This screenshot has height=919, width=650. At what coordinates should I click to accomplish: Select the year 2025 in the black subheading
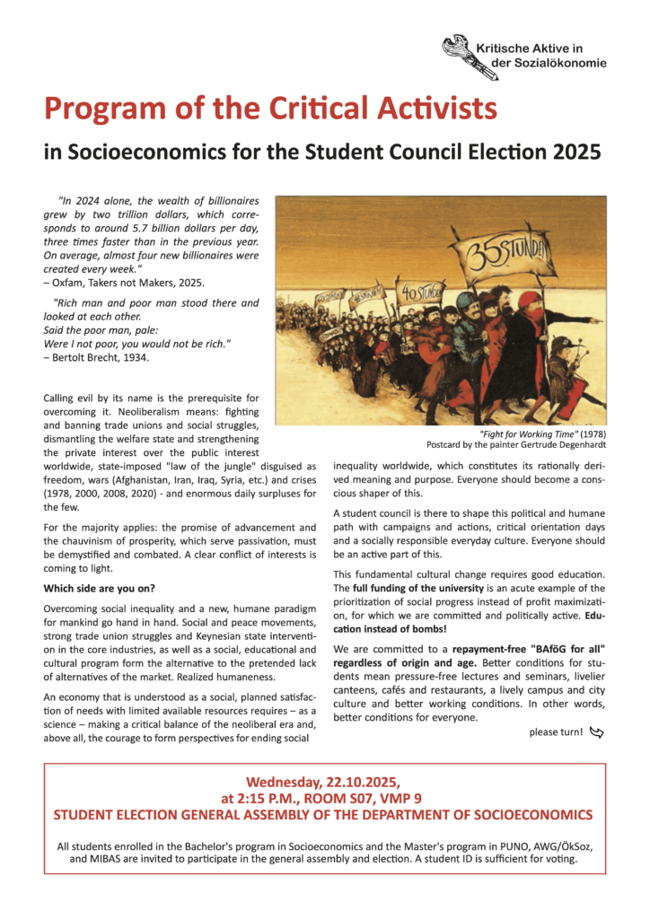[573, 152]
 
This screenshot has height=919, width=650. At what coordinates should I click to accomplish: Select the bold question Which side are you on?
[99, 588]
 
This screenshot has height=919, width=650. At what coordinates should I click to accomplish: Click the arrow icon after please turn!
[597, 732]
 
